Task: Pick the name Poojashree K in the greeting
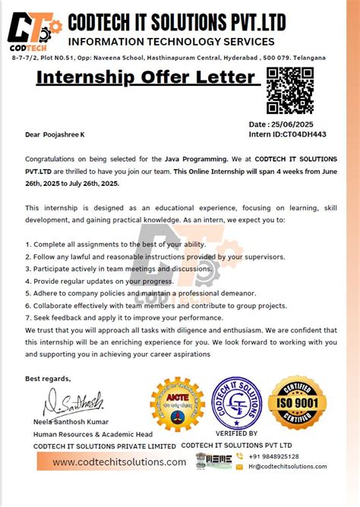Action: tap(65, 134)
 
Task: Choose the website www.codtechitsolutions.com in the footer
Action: tap(119, 462)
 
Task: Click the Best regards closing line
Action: tap(48, 378)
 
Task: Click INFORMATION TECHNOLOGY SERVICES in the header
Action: tap(171, 41)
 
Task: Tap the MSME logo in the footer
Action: tap(213, 460)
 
